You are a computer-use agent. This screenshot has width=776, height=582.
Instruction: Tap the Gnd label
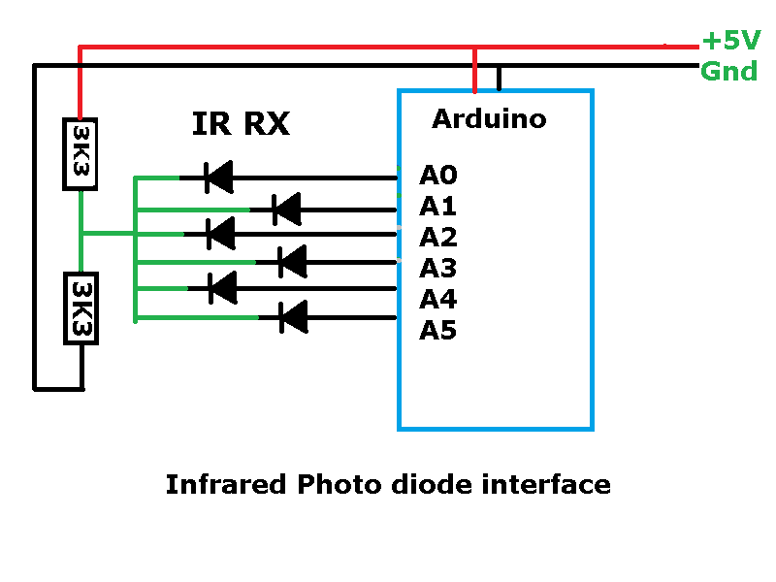[728, 71]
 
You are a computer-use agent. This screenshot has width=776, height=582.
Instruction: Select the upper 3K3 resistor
[79, 153]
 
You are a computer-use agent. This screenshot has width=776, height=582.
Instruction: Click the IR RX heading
[241, 123]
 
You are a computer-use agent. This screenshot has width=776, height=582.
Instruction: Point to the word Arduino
[489, 118]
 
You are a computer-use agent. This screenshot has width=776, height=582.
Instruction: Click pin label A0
[437, 176]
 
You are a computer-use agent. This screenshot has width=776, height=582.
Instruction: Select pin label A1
[437, 206]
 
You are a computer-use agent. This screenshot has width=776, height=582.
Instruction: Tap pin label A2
[437, 237]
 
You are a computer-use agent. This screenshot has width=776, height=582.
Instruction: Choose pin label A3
[437, 268]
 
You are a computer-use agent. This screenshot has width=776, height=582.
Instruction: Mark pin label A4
[437, 299]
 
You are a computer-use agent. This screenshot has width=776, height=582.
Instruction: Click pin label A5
[437, 330]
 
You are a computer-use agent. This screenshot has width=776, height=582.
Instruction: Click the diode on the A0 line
[218, 177]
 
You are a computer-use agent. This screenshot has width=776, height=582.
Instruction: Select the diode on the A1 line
[286, 208]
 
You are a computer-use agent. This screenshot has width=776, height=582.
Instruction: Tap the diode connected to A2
[221, 233]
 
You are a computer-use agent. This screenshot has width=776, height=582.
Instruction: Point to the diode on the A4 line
[223, 287]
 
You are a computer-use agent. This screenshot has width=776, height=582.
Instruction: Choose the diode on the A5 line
[292, 316]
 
